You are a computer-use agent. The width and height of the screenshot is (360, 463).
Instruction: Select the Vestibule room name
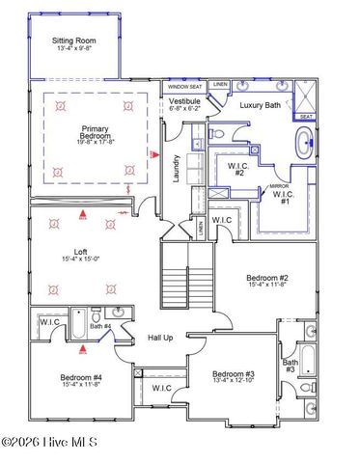tap(184, 101)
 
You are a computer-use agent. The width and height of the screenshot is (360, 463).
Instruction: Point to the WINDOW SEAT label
tap(183, 85)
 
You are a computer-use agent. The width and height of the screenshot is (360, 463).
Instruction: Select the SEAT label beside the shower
tap(306, 117)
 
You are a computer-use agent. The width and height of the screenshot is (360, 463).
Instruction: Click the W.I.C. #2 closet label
tap(237, 169)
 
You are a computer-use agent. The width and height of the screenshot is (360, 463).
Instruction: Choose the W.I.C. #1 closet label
tap(284, 198)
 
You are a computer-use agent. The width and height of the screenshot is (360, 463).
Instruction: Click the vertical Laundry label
tap(177, 170)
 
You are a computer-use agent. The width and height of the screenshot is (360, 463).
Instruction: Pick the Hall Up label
tap(160, 338)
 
